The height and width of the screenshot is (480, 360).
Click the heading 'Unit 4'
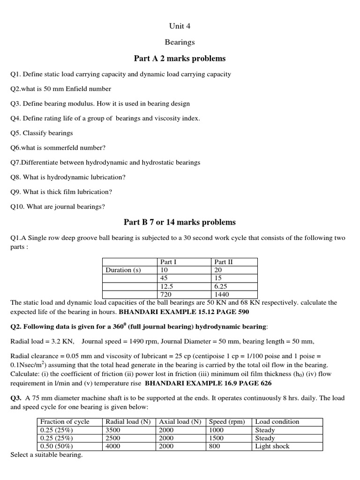(x=180, y=26)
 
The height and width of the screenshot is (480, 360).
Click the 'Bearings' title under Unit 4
(x=180, y=42)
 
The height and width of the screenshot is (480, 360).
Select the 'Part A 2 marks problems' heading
(x=180, y=59)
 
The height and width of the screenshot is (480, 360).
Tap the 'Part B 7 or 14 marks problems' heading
(x=180, y=222)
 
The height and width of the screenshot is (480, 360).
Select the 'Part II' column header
(x=224, y=262)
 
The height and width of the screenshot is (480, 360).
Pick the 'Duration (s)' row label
(x=123, y=270)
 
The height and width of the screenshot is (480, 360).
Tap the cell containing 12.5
(x=167, y=286)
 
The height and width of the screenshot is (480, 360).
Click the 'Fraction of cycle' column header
(x=65, y=421)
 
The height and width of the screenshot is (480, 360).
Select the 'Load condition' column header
(x=277, y=421)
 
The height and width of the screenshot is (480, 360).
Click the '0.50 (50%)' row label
(x=57, y=446)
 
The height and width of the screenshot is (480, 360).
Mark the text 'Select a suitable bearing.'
(x=46, y=455)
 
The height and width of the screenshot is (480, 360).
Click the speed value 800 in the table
(x=214, y=446)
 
